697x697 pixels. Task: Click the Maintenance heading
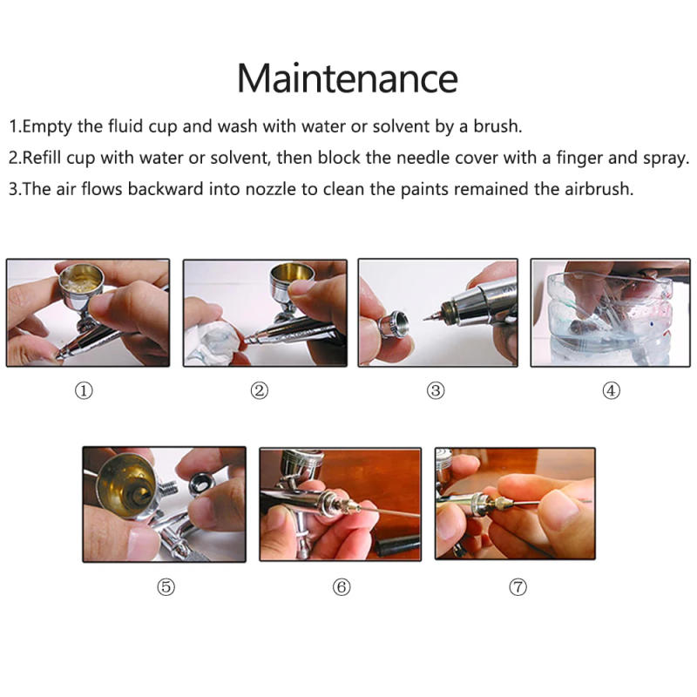(x=348, y=78)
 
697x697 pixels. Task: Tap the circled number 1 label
(x=84, y=391)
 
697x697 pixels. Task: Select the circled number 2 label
(x=259, y=391)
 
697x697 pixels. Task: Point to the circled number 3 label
(x=436, y=391)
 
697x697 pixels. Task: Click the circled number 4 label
(x=612, y=391)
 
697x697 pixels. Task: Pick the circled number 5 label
(x=166, y=587)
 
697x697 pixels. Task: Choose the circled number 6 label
(x=342, y=587)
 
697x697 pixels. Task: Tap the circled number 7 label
(x=518, y=587)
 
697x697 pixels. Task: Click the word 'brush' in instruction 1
(x=497, y=126)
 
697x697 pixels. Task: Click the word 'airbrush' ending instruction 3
(x=596, y=189)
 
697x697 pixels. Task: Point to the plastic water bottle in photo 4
(x=610, y=327)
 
